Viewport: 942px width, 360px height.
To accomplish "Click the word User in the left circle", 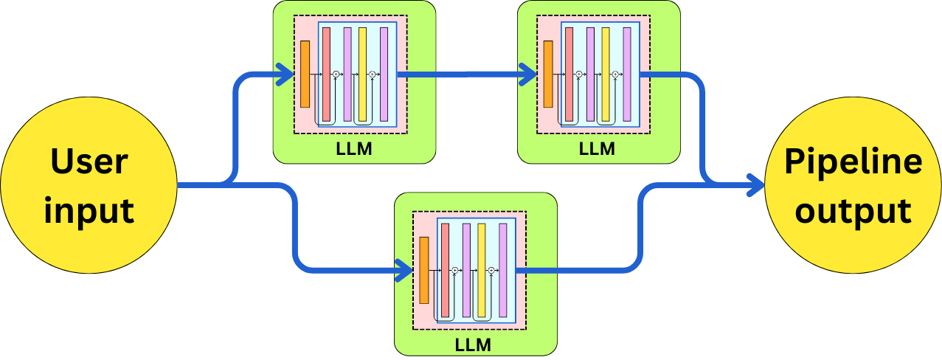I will coord(89,161).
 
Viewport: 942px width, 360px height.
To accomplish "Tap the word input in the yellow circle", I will coord(89,210).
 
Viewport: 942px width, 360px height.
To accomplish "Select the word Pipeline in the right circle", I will coord(853,161).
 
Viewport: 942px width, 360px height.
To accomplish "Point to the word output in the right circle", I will coord(853,210).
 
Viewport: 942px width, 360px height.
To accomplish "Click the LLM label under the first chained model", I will coord(354,150).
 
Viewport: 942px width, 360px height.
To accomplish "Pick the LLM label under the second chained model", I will coord(598,150).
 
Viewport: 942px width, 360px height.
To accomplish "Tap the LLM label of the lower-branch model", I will coord(474,345).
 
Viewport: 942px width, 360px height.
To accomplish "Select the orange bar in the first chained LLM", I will coord(305,74).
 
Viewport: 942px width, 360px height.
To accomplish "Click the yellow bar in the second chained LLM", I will coord(605,74).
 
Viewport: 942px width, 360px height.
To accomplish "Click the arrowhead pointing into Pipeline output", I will coord(756,184).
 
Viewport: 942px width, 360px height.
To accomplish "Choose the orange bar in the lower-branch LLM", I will coord(423,271).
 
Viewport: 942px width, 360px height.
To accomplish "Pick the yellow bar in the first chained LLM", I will coord(362,74).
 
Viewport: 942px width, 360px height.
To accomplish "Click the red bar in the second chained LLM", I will coord(569,74).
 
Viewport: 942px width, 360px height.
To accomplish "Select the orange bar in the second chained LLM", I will coord(548,74).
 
